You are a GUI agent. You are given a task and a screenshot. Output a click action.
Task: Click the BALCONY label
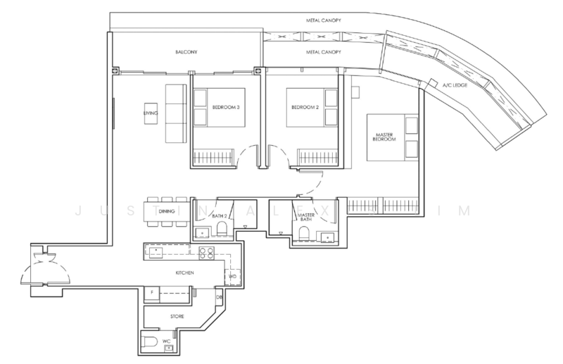[186, 52]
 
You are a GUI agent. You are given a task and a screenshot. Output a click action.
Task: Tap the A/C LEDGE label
[455, 85]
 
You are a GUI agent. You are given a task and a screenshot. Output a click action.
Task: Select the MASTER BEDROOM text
[384, 137]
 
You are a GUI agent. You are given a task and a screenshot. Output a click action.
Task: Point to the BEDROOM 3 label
[226, 107]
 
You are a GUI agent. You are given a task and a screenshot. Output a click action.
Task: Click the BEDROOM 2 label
[305, 107]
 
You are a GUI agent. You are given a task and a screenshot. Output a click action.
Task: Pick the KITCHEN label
[184, 272]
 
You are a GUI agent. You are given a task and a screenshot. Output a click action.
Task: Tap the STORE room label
[177, 316]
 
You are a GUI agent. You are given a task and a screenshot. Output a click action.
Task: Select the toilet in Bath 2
[222, 229]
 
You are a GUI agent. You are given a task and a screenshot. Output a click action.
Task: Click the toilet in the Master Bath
[305, 233]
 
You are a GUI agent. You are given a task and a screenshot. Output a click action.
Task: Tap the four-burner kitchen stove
[206, 253]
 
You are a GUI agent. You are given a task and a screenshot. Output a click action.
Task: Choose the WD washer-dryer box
[233, 277]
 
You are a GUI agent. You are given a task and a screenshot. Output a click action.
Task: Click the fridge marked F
[152, 294]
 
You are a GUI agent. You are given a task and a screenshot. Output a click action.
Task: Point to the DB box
[219, 298]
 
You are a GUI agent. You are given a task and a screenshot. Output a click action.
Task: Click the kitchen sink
[156, 252]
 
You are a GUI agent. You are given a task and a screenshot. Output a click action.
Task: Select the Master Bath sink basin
[327, 238]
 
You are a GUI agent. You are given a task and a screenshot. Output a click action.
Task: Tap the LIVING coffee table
[151, 113]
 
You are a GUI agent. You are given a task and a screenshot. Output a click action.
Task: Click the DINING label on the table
[167, 211]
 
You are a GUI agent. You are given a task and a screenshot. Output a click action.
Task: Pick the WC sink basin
[167, 348]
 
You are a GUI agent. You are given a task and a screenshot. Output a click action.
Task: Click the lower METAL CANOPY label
[324, 52]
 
